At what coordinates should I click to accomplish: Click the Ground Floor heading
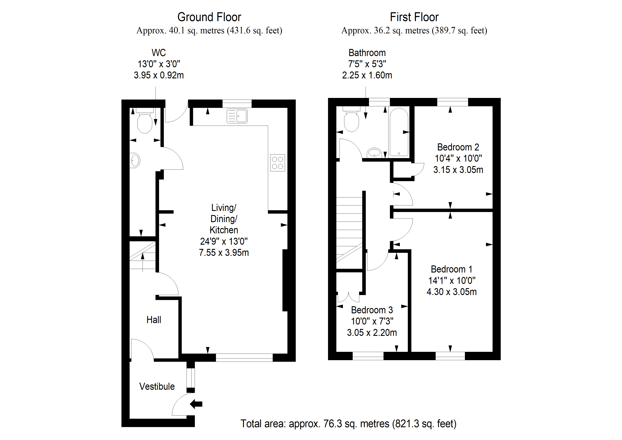click(209, 17)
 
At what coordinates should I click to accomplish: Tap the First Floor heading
click(414, 17)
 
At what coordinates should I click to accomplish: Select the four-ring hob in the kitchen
click(277, 163)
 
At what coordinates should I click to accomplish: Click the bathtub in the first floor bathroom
click(399, 132)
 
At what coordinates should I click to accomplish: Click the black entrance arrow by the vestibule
click(196, 404)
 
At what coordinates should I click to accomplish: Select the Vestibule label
click(157, 386)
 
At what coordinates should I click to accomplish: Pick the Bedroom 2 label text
click(458, 147)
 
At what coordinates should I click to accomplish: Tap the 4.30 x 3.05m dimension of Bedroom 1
click(452, 292)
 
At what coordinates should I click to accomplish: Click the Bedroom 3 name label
click(372, 310)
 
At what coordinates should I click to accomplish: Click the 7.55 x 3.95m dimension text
click(224, 253)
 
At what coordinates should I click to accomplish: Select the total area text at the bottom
click(348, 423)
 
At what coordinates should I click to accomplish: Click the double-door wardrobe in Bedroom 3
click(348, 297)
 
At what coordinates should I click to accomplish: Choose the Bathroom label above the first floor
click(367, 53)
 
